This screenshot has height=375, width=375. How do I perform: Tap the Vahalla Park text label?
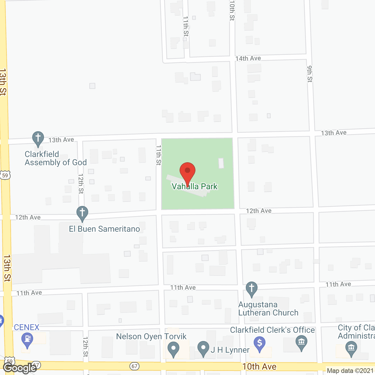(195, 187)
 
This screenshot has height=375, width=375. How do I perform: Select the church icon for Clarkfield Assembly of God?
(38, 138)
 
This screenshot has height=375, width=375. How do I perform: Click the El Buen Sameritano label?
(104, 229)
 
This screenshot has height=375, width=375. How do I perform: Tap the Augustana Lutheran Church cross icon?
(251, 289)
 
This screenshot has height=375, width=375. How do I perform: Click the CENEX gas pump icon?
(27, 340)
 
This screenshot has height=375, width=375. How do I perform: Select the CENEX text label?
(27, 327)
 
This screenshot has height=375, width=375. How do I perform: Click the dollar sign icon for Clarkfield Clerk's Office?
(260, 343)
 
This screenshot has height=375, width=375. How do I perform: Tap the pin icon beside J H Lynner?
(203, 348)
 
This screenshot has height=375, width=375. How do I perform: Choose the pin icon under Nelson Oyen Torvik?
(173, 349)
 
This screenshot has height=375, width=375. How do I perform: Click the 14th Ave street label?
(248, 59)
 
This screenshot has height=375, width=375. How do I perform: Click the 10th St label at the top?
(232, 10)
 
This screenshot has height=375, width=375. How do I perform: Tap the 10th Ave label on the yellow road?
(259, 367)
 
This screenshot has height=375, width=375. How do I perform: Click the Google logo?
(20, 368)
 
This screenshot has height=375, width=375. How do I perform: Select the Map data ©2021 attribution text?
(350, 371)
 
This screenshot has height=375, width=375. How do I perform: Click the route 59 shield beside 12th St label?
(5, 175)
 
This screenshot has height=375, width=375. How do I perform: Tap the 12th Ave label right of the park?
(258, 211)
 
